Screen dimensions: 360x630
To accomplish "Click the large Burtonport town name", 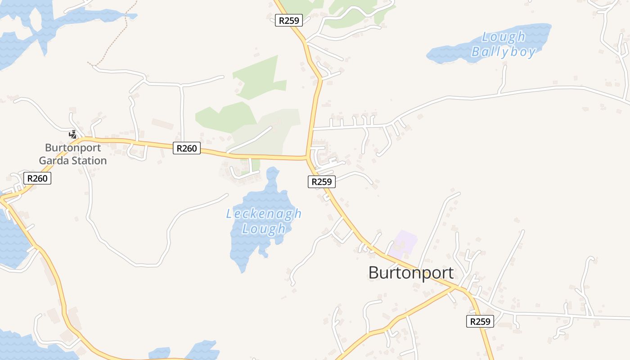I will (411, 273).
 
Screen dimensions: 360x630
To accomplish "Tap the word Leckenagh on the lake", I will (264, 214).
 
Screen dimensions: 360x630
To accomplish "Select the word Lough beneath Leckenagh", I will (264, 229).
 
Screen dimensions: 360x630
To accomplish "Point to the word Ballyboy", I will (504, 52).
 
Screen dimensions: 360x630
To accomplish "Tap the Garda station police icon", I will (72, 134).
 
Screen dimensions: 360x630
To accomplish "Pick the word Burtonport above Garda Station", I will (73, 148).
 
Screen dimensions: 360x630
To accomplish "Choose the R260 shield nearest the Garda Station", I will (37, 178).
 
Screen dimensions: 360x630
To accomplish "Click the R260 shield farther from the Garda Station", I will (186, 148).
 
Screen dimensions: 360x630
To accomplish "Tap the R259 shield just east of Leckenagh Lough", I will (322, 182).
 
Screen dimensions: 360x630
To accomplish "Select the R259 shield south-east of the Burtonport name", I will (480, 321).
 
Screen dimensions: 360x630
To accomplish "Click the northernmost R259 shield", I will (289, 20).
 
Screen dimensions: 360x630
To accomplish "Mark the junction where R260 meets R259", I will (307, 157).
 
